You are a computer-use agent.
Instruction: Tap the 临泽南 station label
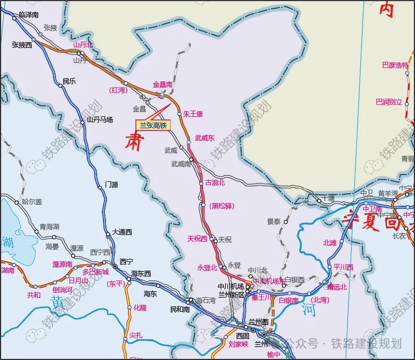pyautogui.click(x=29, y=15)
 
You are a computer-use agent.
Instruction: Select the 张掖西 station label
pyautogui.click(x=22, y=45)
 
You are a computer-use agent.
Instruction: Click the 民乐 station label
pyautogui.click(x=69, y=81)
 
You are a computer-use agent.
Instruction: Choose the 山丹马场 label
pyautogui.click(x=100, y=119)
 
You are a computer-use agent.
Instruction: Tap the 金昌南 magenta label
pyautogui.click(x=163, y=84)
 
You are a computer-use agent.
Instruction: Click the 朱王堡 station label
pyautogui.click(x=193, y=113)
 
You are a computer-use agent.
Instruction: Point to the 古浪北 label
pyautogui.click(x=215, y=182)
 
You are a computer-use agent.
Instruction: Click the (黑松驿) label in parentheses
pyautogui.click(x=222, y=206)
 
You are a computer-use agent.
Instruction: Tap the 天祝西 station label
pyautogui.click(x=197, y=239)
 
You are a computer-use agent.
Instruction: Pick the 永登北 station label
pyautogui.click(x=207, y=267)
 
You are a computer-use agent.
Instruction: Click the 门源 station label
pyautogui.click(x=112, y=184)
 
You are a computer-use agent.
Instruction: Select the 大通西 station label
pyautogui.click(x=123, y=232)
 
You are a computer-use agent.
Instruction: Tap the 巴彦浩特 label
pyautogui.click(x=395, y=65)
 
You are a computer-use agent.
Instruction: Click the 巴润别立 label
pyautogui.click(x=389, y=102)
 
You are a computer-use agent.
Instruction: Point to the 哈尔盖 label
pyautogui.click(x=32, y=202)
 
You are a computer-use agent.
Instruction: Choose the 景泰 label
pyautogui.click(x=274, y=221)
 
